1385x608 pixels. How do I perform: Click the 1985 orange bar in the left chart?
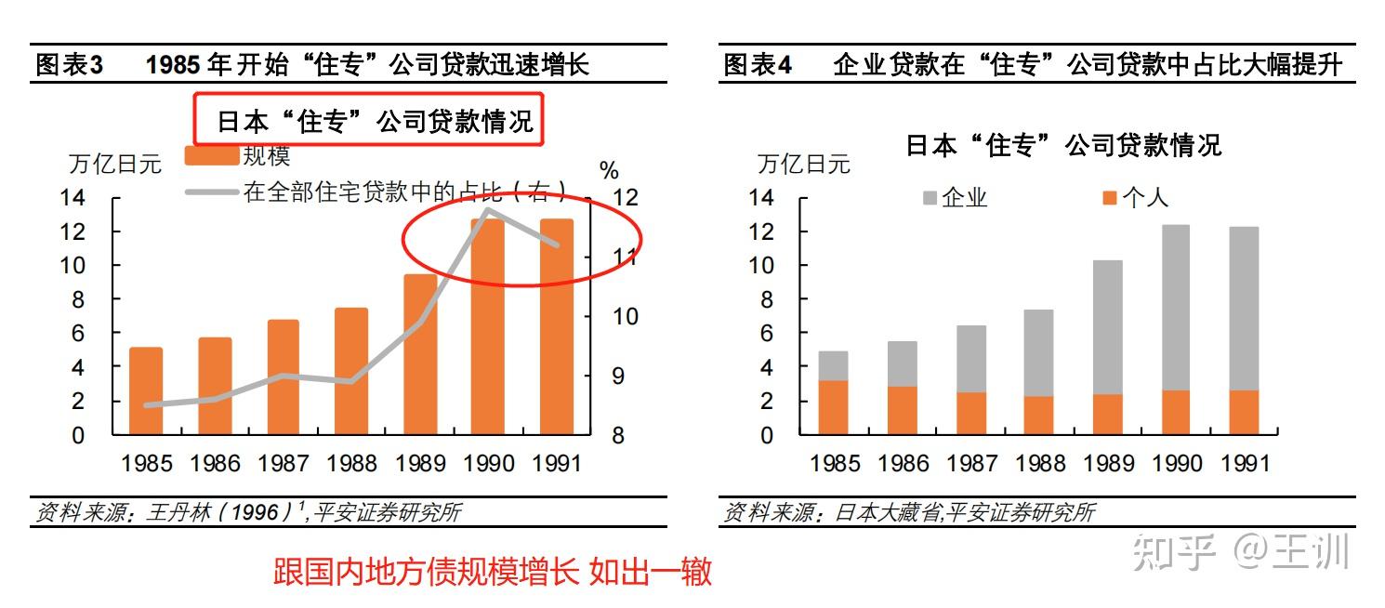(x=146, y=390)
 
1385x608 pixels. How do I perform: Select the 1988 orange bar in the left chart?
(x=351, y=371)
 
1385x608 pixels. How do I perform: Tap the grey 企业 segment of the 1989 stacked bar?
(x=1107, y=327)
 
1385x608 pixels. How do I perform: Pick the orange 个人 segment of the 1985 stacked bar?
(x=834, y=407)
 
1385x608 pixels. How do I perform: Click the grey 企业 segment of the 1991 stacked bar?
(x=1244, y=309)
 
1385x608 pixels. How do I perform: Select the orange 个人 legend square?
(x=1110, y=198)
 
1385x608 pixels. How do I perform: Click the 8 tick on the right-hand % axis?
(x=618, y=435)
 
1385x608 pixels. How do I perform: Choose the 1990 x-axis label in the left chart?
(x=488, y=463)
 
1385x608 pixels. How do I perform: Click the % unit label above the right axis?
(x=609, y=171)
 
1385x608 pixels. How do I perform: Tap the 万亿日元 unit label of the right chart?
(x=804, y=165)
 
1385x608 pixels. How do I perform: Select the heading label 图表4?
(x=758, y=65)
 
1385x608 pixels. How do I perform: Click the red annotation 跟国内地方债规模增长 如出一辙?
(x=493, y=571)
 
